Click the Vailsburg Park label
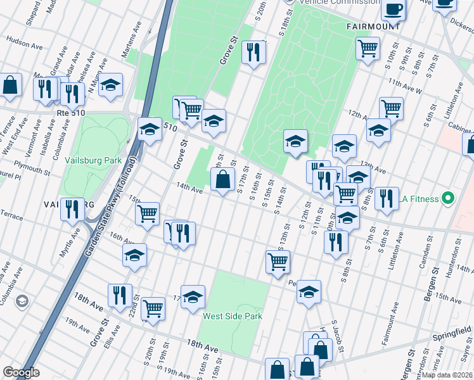[x=93, y=160]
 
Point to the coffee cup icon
[x=393, y=9]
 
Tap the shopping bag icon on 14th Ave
[x=222, y=180]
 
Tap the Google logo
[x=21, y=372]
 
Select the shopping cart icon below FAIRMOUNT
[x=368, y=48]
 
